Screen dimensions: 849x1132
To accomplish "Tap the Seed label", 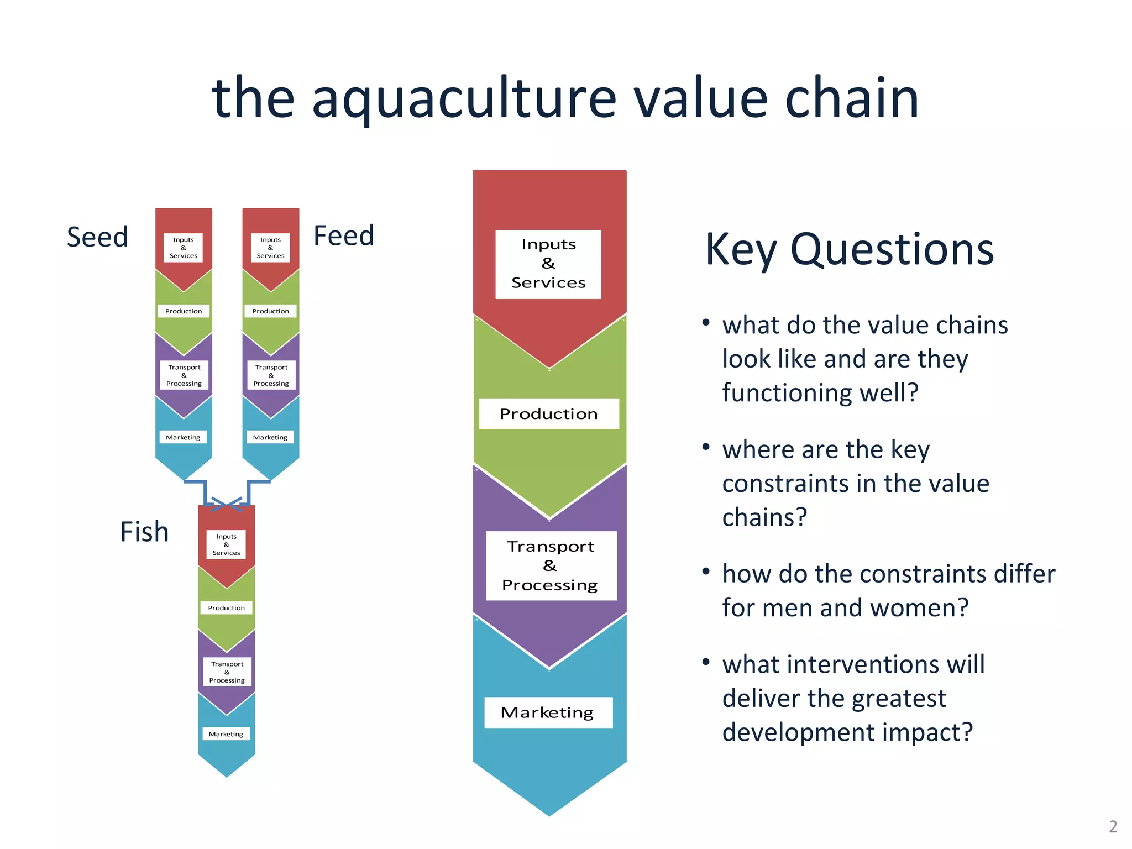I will pos(97,237).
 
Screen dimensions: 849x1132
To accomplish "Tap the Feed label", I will pos(344,236).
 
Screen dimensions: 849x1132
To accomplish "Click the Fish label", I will pos(144,532).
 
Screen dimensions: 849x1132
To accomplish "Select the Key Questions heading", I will pos(849,250).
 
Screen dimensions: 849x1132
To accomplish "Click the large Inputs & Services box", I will pos(548,264).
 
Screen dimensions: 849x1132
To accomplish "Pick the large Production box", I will pos(548,413).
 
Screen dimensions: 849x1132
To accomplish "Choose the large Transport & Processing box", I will pos(551,565).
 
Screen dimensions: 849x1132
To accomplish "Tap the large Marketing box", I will pos(548,712).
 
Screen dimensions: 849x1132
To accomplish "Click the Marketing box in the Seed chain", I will pos(183,437).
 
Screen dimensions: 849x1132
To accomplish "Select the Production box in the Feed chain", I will pos(270,311).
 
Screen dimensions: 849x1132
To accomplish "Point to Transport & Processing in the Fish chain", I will pos(227,672).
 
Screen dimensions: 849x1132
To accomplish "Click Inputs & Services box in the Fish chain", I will pos(226,544).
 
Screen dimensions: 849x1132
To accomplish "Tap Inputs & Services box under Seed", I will pos(183,248).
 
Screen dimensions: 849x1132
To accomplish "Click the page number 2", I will pos(1113,827).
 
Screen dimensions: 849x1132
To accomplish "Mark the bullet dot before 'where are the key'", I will pos(706,447).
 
